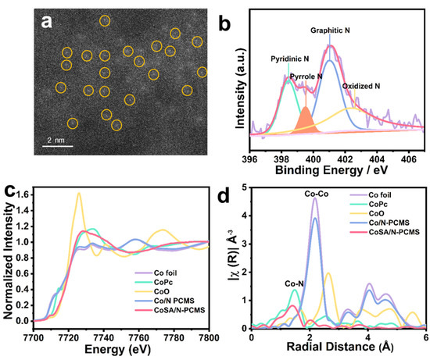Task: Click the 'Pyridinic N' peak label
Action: pos(271,58)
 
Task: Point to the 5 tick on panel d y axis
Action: pos(244,187)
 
